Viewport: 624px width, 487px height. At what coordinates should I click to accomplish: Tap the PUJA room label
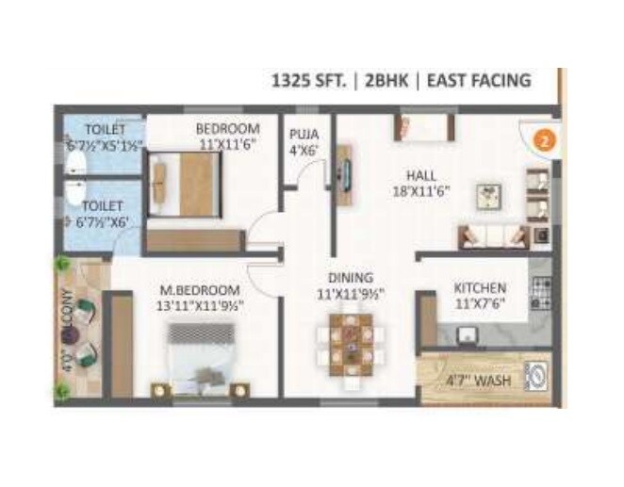tap(304, 135)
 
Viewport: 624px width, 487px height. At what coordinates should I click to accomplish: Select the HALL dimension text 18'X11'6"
tap(420, 189)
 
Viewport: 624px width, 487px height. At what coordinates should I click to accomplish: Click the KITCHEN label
tap(480, 287)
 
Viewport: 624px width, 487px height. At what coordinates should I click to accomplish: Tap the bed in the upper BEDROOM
tap(186, 184)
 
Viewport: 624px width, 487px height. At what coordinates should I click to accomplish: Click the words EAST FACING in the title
tap(479, 81)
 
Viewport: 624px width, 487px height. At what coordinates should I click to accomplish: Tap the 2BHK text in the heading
tap(391, 81)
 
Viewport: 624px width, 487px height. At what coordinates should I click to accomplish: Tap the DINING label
tap(351, 278)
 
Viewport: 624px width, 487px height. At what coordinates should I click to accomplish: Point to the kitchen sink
tap(468, 332)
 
